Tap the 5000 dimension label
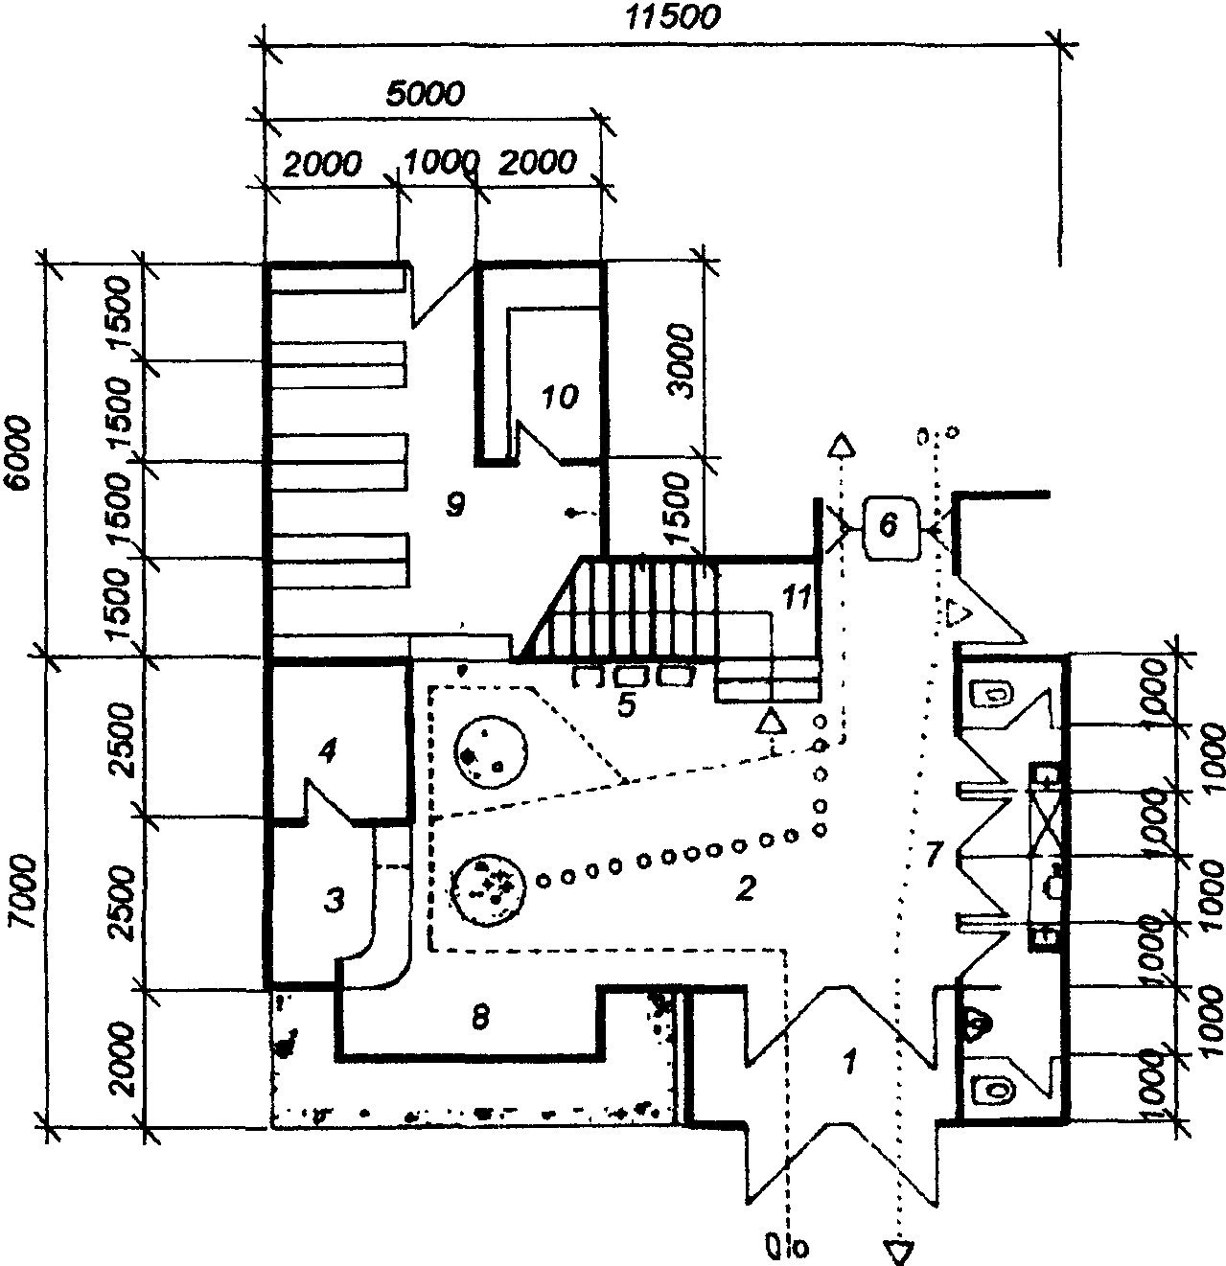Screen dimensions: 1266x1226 click(x=425, y=93)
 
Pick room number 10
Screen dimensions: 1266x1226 click(x=561, y=396)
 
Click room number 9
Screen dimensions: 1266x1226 click(x=456, y=504)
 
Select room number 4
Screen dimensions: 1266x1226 click(x=327, y=753)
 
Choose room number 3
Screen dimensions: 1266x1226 click(x=333, y=900)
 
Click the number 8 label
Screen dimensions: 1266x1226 click(x=481, y=1016)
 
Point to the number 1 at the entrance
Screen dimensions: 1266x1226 click(x=847, y=1061)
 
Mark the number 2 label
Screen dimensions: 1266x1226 click(x=744, y=888)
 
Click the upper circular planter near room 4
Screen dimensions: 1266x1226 click(x=489, y=753)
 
